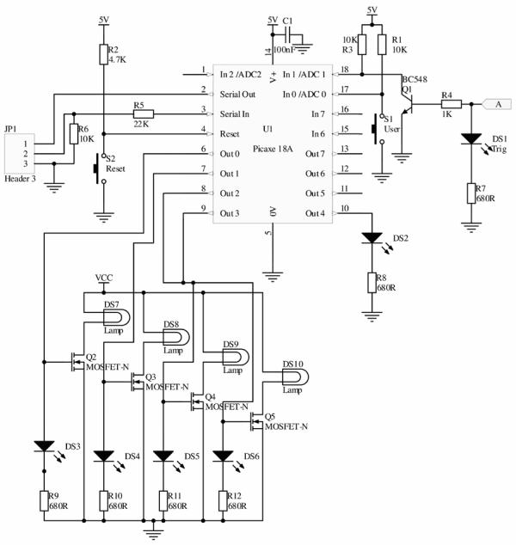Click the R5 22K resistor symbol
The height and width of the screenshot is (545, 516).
[x=144, y=113]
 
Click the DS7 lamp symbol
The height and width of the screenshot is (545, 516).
[x=116, y=318]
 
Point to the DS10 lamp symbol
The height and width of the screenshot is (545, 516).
[x=295, y=377]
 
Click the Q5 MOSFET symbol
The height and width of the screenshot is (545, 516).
[x=256, y=421]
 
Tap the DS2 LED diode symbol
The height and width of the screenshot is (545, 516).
[x=372, y=238]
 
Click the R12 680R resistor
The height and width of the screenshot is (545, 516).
[x=223, y=501]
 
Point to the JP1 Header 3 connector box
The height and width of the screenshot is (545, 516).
[x=20, y=154]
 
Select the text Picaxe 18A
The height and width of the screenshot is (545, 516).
[x=273, y=149]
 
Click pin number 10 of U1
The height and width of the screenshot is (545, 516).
[x=345, y=208]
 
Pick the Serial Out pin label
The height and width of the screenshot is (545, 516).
[x=237, y=95]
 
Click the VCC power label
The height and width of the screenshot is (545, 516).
[x=103, y=278]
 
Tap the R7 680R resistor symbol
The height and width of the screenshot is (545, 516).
[x=471, y=193]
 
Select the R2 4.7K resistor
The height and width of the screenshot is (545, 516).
[x=103, y=54]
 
